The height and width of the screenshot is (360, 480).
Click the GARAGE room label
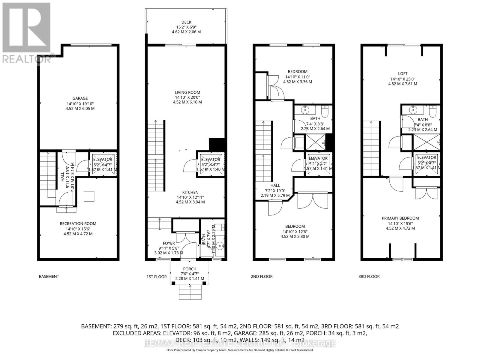click(x=80, y=98)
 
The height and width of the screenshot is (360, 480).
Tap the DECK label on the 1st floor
click(x=186, y=22)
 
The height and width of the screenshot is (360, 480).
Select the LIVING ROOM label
click(x=187, y=92)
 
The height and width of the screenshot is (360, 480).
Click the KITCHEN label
click(x=190, y=193)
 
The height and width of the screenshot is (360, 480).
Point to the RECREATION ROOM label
click(x=78, y=223)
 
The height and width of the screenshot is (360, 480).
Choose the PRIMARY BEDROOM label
click(x=400, y=218)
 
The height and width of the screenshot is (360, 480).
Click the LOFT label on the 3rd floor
click(x=403, y=73)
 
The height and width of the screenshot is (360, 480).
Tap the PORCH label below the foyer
click(x=190, y=269)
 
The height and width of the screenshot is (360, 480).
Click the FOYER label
click(x=169, y=243)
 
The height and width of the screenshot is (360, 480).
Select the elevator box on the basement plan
click(x=103, y=164)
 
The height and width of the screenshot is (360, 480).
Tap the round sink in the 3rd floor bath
click(x=413, y=109)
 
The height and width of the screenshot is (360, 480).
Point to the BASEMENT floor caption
click(x=49, y=277)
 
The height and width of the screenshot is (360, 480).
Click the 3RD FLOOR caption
click(x=369, y=277)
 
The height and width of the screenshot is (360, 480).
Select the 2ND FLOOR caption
click(x=262, y=277)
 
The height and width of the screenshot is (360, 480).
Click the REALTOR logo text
click(x=26, y=59)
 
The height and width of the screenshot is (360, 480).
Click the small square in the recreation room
click(x=89, y=196)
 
